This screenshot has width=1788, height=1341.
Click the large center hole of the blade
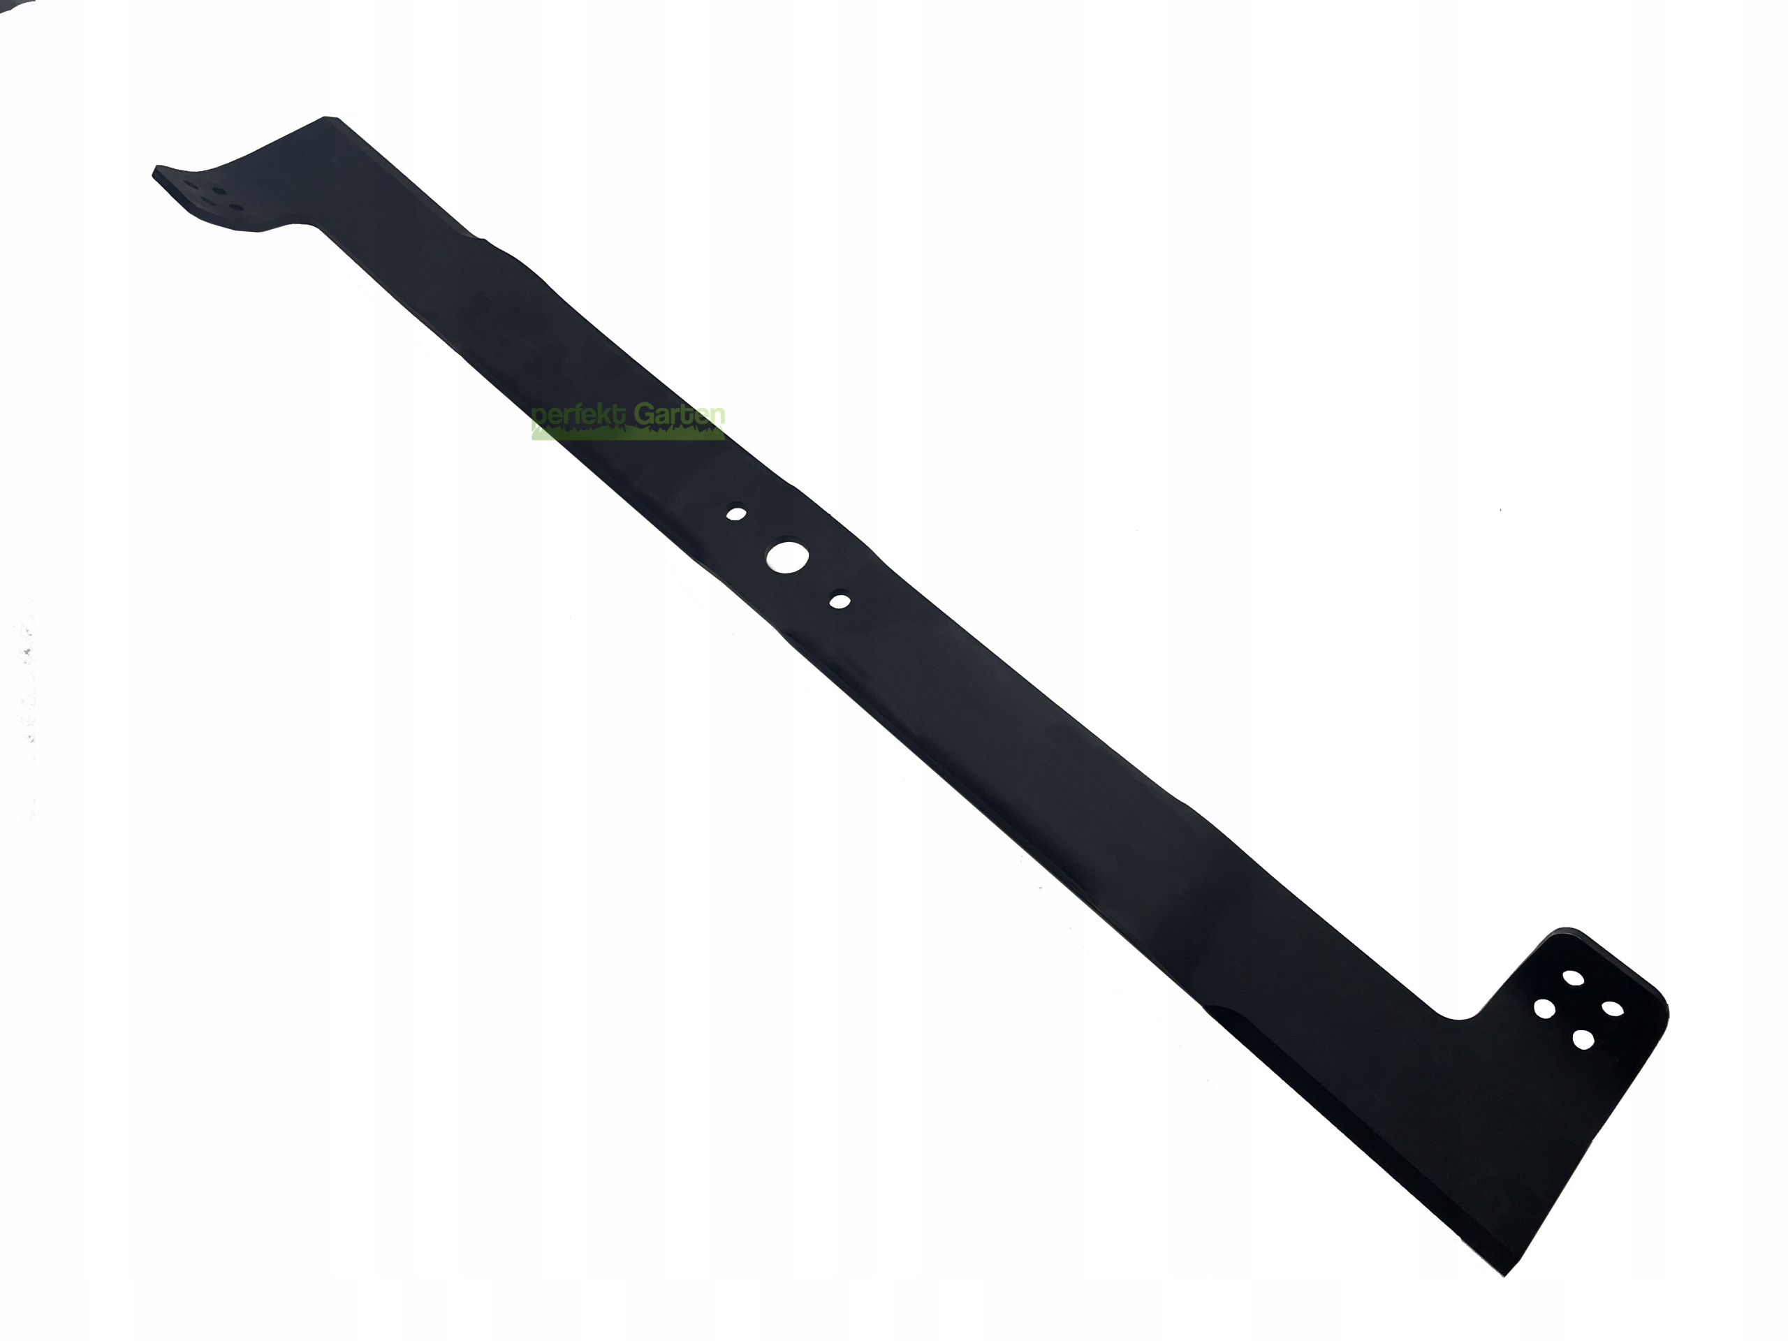pos(783,556)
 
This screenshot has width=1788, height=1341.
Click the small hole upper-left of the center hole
pos(735,513)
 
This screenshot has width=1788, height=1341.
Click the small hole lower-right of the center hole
pos(840,601)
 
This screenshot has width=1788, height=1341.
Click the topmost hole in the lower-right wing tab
pos(1573,978)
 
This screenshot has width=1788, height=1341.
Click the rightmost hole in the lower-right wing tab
pos(1613,1009)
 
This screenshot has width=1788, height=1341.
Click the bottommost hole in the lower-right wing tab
pos(1583,1039)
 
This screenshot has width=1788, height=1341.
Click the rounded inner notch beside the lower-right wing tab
pos(1461,1016)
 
